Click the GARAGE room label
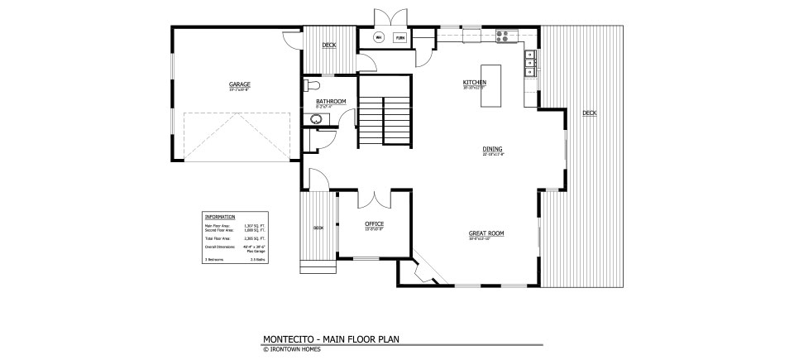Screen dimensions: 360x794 (240, 84)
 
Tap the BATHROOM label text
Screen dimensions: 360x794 (331, 101)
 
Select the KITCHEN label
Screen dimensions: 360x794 (474, 83)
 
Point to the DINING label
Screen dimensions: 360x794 (492, 150)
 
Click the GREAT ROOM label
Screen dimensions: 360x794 (486, 233)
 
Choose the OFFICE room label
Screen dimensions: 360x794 (375, 224)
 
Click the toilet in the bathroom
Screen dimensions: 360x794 (312, 85)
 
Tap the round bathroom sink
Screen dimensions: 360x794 (315, 119)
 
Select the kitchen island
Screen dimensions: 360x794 (491, 84)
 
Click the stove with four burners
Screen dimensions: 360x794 (503, 35)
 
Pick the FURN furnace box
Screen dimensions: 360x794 (400, 38)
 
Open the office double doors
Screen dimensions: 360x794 (375, 199)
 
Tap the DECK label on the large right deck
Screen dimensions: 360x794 (589, 113)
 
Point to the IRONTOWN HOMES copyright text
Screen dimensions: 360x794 (295, 348)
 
